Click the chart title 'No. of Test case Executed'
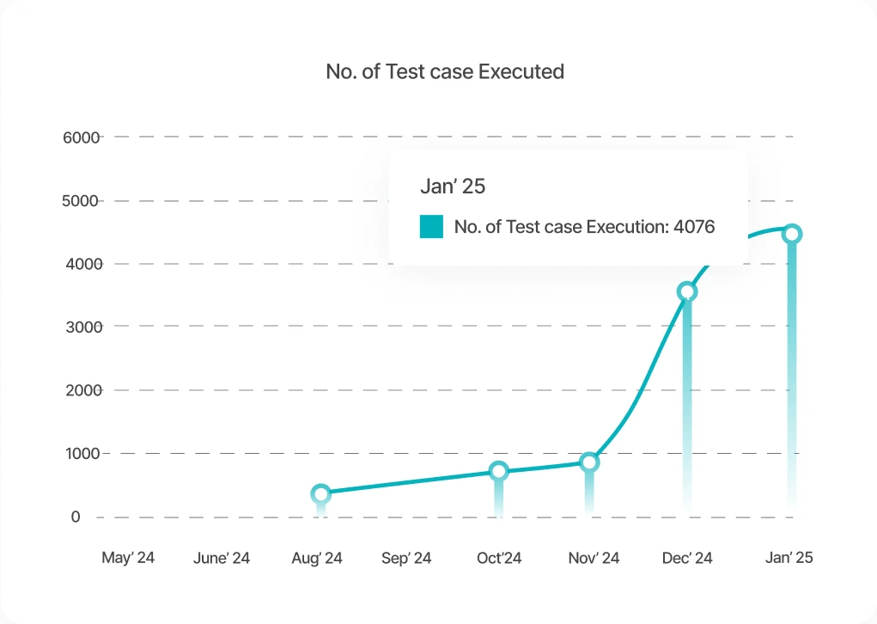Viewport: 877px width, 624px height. point(445,71)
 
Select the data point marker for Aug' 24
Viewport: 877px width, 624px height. point(321,493)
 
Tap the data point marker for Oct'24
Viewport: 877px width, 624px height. point(499,471)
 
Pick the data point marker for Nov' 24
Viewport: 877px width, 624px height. point(589,462)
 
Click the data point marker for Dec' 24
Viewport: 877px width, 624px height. point(687,292)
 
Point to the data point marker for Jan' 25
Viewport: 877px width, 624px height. point(792,234)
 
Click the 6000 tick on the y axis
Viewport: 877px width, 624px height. point(83,137)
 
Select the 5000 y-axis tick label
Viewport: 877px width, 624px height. point(83,201)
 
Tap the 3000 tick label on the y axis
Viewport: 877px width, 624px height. point(83,327)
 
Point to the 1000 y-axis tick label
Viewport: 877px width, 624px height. point(83,453)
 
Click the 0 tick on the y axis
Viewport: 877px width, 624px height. point(76,517)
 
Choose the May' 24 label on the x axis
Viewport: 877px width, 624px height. point(128,558)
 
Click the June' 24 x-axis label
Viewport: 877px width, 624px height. point(222,558)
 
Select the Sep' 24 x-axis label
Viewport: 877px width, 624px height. point(406,558)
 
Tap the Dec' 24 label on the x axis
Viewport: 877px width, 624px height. point(687,558)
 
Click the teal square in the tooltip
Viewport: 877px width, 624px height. point(431,227)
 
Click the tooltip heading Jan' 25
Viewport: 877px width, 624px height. point(454,187)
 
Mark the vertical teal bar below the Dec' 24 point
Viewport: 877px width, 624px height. point(687,404)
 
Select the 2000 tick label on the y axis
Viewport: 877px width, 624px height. point(83,390)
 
